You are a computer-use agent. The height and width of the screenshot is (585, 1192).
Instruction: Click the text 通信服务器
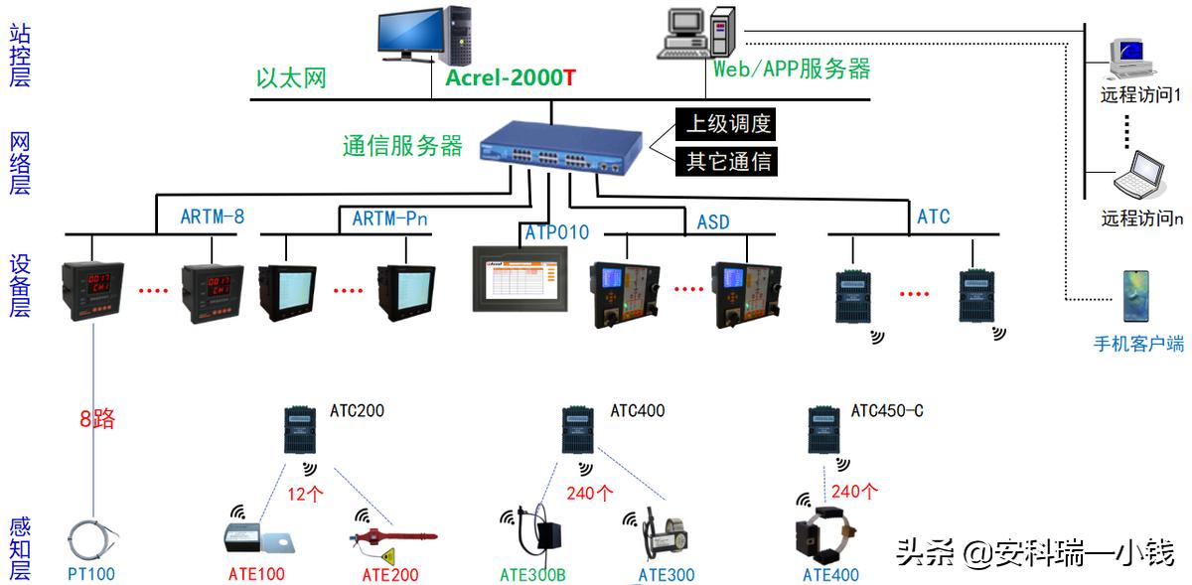pyautogui.click(x=402, y=146)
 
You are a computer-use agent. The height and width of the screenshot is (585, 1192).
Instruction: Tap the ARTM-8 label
pyautogui.click(x=212, y=217)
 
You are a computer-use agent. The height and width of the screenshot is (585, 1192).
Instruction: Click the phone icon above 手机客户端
pyautogui.click(x=1135, y=296)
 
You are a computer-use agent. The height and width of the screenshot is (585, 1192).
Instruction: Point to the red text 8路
pyautogui.click(x=97, y=419)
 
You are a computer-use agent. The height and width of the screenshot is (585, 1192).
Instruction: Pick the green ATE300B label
pyautogui.click(x=532, y=574)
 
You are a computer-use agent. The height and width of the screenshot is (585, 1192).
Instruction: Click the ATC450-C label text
pyautogui.click(x=887, y=410)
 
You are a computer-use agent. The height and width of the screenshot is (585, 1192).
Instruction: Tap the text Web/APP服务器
pyautogui.click(x=792, y=69)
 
